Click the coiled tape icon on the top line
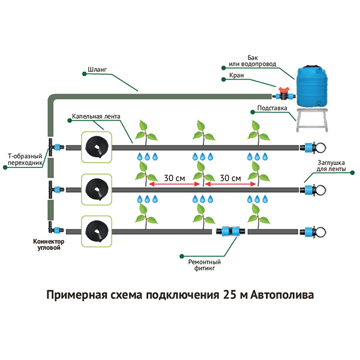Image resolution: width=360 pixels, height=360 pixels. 96,147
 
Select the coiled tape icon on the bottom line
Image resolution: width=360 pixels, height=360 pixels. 96,230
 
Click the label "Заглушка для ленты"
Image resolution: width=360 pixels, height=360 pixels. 328,165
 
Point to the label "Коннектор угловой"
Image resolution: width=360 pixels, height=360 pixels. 47,245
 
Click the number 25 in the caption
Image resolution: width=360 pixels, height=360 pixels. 230,295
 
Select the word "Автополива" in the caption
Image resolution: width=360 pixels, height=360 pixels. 281,295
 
